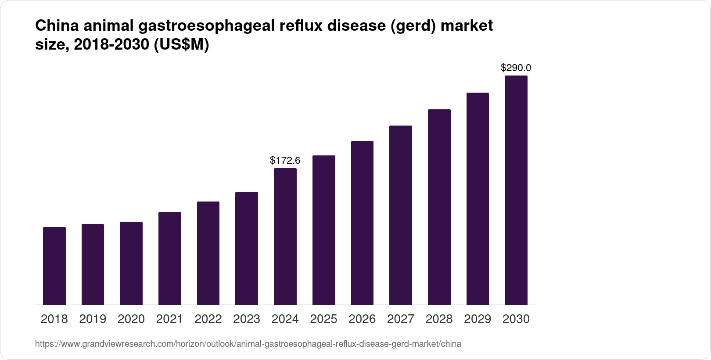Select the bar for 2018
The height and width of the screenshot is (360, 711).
pyautogui.click(x=54, y=266)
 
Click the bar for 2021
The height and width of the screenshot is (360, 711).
pyautogui.click(x=170, y=258)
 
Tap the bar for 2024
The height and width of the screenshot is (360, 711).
pyautogui.click(x=285, y=236)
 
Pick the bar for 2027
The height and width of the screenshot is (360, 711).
pyautogui.click(x=400, y=215)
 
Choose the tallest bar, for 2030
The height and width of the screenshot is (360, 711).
pyautogui.click(x=516, y=190)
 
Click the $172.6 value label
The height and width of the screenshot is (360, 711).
pyautogui.click(x=285, y=161)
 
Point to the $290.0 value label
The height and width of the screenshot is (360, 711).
pyautogui.click(x=516, y=68)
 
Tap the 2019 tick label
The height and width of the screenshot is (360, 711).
pyautogui.click(x=93, y=319)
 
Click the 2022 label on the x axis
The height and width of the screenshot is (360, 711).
pyautogui.click(x=208, y=319)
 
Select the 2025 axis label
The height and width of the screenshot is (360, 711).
pyautogui.click(x=323, y=319)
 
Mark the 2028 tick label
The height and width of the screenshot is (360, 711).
pyautogui.click(x=439, y=319)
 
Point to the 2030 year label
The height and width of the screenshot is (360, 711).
pyautogui.click(x=516, y=319)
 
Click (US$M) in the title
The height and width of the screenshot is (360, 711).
pyautogui.click(x=181, y=45)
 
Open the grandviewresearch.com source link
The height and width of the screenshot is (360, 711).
pyautogui.click(x=248, y=344)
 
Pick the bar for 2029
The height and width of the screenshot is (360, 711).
pyautogui.click(x=478, y=198)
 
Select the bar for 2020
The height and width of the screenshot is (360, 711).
pyautogui.click(x=131, y=263)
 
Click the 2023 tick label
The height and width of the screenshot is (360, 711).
pyautogui.click(x=247, y=319)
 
